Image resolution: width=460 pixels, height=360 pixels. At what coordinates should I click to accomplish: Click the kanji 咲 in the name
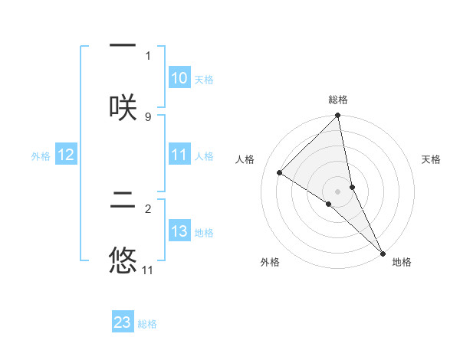click(x=123, y=106)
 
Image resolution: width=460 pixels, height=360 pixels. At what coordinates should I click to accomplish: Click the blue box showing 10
click(x=179, y=78)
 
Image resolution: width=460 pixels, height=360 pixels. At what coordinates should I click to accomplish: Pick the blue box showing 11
click(x=179, y=155)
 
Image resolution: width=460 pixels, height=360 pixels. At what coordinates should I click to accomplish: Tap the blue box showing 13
click(x=179, y=231)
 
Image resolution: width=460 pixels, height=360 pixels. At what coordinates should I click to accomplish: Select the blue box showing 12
click(x=66, y=155)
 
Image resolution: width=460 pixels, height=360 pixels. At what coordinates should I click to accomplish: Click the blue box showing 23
click(x=123, y=322)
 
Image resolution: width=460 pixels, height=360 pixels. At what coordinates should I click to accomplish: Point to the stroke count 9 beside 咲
click(x=148, y=116)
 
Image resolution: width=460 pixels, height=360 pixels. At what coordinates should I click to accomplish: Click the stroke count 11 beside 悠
click(x=148, y=270)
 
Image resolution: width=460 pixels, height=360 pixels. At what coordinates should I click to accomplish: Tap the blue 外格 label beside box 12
click(x=41, y=155)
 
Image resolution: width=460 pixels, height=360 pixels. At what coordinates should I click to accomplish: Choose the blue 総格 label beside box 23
click(x=147, y=324)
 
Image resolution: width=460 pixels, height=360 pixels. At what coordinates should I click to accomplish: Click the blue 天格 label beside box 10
click(x=204, y=79)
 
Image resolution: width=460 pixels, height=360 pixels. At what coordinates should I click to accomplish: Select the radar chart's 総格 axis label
click(x=338, y=100)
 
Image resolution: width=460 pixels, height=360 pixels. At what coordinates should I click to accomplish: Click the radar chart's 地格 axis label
click(x=402, y=262)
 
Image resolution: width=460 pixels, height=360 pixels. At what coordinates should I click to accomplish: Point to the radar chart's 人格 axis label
click(x=245, y=159)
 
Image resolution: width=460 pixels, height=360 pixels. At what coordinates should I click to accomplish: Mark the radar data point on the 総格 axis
click(x=338, y=116)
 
